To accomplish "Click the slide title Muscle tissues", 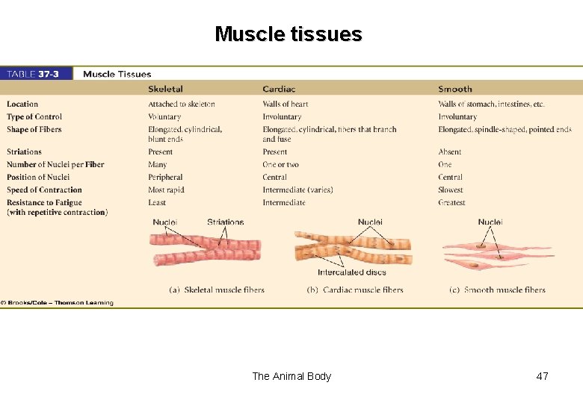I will pyautogui.click(x=288, y=34).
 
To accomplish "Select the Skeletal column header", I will pyautogui.click(x=165, y=90).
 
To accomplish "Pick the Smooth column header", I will pyautogui.click(x=455, y=90).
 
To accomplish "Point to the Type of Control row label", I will pyautogui.click(x=34, y=117).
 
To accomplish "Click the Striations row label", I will pyautogui.click(x=24, y=152).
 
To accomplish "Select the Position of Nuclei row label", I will pyautogui.click(x=38, y=178).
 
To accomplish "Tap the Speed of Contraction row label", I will pyautogui.click(x=44, y=190).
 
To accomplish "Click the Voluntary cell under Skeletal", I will pyautogui.click(x=164, y=117).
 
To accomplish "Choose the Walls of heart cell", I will pyautogui.click(x=286, y=104).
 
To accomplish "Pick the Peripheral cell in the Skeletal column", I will pyautogui.click(x=165, y=178).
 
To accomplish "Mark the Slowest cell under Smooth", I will pyautogui.click(x=451, y=190).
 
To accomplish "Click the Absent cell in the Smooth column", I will pyautogui.click(x=450, y=152).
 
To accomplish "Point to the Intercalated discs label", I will pyautogui.click(x=352, y=272).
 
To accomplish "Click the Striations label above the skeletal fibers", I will pyautogui.click(x=226, y=222).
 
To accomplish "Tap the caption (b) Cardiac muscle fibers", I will pyautogui.click(x=355, y=290).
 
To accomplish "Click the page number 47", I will pyautogui.click(x=542, y=376).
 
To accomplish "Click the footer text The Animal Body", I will pyautogui.click(x=291, y=376).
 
